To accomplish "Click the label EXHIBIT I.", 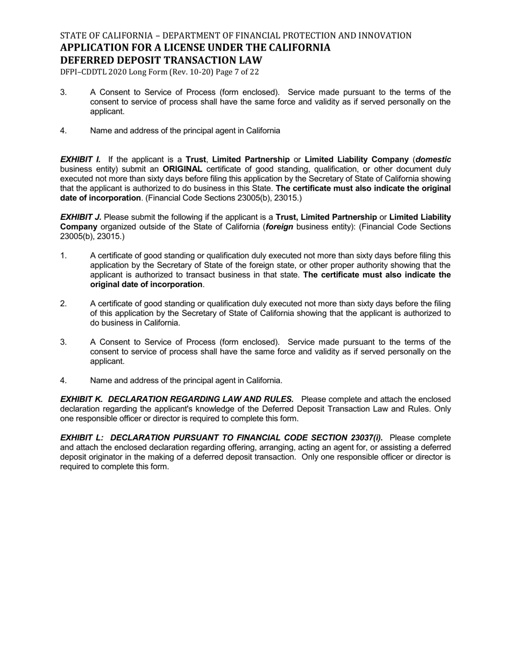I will (80, 160).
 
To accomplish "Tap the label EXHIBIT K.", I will (82, 399).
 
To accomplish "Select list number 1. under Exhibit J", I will (63, 256).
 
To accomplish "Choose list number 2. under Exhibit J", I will (63, 304).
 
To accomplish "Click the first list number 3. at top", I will (63, 92).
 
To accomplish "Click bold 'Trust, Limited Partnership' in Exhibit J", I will (326, 217).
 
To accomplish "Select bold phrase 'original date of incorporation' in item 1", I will (146, 284).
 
